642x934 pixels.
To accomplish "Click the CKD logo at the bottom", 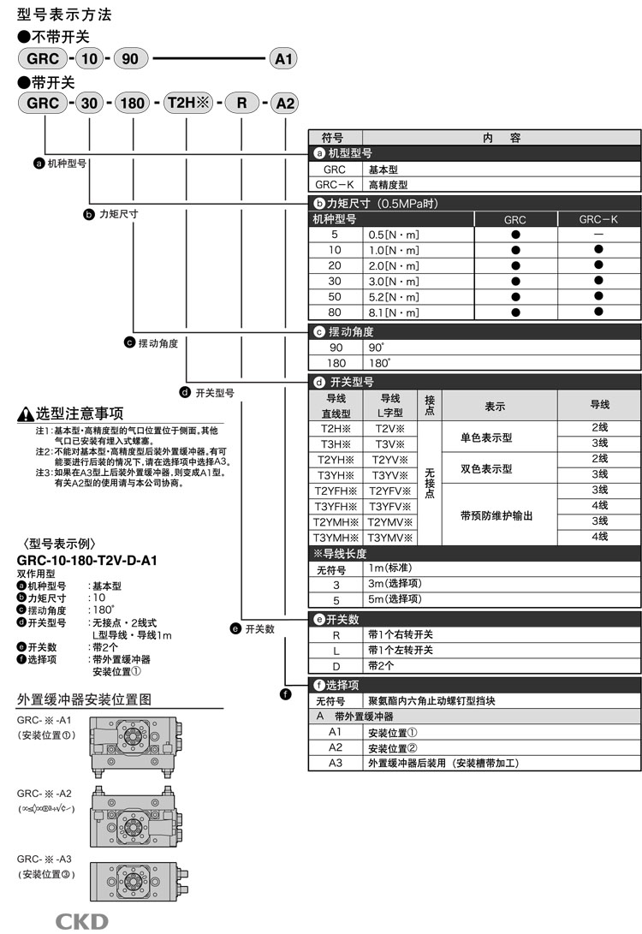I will click(82, 921).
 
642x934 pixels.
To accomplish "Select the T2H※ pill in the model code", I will click(189, 104).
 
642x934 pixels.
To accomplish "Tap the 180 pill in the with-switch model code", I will click(133, 104).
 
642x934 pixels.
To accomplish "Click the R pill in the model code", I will click(242, 104).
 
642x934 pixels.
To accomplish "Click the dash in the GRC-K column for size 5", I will click(598, 234).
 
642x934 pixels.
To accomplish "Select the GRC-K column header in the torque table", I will click(598, 219).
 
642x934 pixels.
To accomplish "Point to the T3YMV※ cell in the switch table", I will click(389, 537).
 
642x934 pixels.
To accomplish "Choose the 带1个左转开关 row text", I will click(400, 650).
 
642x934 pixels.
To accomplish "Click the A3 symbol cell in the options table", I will click(335, 763).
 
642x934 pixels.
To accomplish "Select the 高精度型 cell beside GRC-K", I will click(388, 184).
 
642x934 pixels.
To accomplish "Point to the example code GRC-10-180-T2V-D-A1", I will click(87, 561).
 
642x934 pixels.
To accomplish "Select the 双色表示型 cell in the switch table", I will click(486, 468).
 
